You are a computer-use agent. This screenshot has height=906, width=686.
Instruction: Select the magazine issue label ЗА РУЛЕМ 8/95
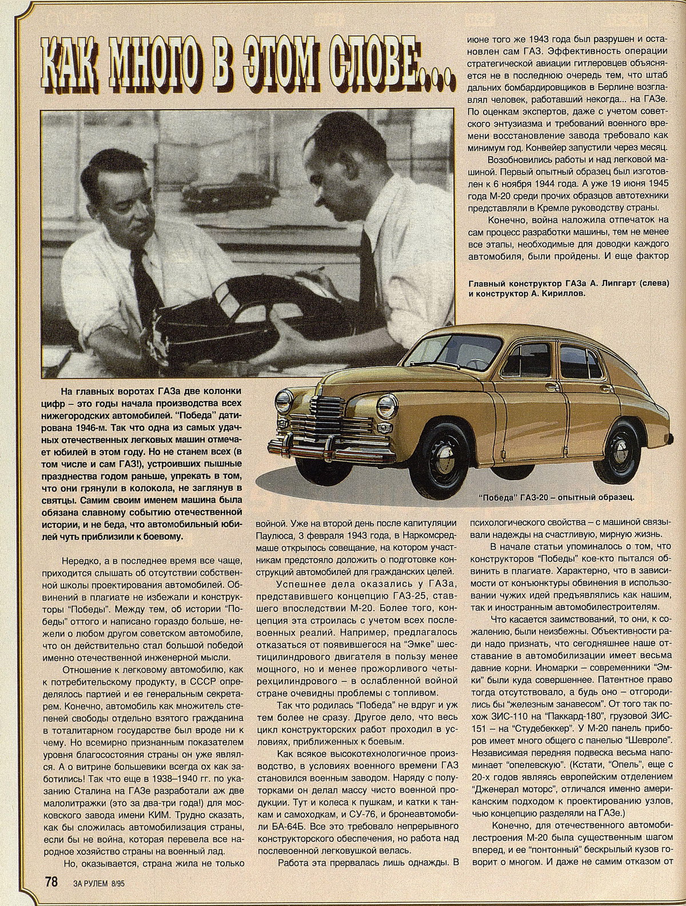(x=99, y=881)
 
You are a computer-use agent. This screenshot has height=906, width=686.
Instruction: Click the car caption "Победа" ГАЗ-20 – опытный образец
(x=557, y=496)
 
